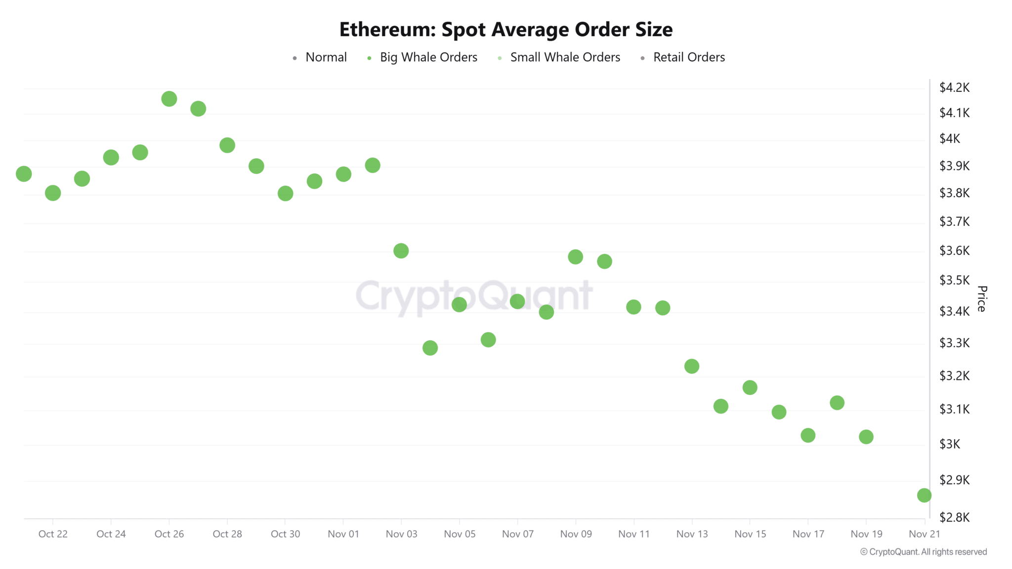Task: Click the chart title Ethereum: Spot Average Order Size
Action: click(506, 30)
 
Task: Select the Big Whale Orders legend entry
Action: click(428, 57)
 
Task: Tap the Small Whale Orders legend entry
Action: click(565, 57)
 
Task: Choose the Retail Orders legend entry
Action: click(688, 57)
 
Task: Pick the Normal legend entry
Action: click(326, 57)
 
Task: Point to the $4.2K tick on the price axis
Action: click(954, 88)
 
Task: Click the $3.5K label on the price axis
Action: click(954, 281)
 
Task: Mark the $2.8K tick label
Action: click(954, 518)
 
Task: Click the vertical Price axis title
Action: click(981, 299)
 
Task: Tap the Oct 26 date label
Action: click(169, 534)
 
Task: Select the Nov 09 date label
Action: click(576, 534)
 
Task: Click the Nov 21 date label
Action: click(924, 534)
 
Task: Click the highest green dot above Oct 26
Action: click(169, 99)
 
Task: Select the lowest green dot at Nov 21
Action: click(924, 495)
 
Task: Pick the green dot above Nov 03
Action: click(401, 251)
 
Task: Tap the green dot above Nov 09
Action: click(575, 257)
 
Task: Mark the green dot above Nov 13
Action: click(691, 366)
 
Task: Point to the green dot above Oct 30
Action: click(285, 194)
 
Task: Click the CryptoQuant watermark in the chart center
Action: click(474, 296)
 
